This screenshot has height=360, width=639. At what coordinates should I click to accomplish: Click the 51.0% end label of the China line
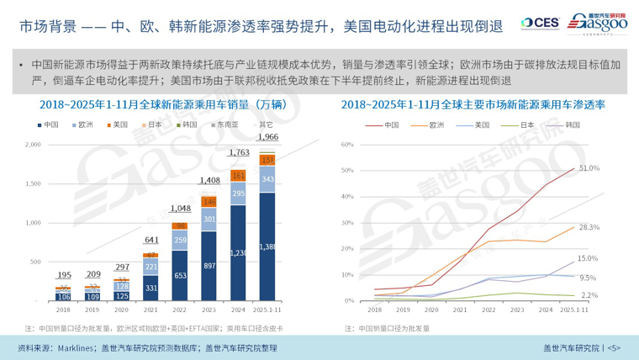point(589,168)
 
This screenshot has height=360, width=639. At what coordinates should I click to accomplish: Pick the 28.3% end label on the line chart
point(589,227)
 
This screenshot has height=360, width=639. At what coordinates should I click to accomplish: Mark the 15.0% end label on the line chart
point(588,259)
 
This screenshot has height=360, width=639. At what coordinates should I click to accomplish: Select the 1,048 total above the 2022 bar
point(177,209)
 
